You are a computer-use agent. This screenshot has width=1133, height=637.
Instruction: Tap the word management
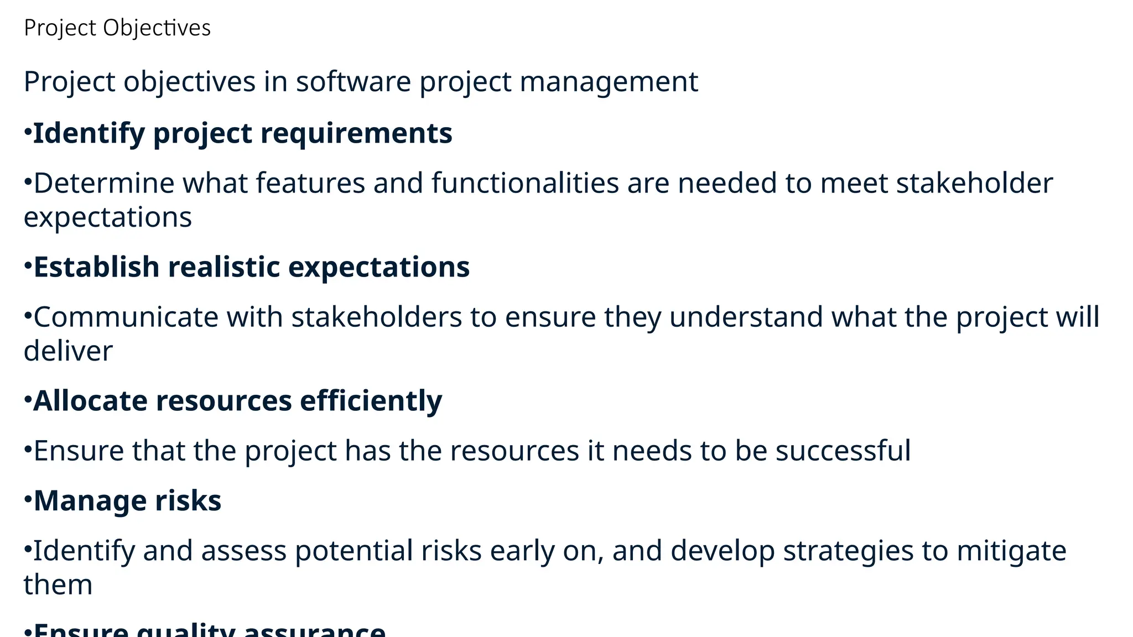click(x=609, y=82)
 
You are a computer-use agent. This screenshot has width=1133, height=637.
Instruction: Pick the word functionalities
click(x=525, y=183)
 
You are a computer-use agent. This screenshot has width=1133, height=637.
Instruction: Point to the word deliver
click(x=68, y=351)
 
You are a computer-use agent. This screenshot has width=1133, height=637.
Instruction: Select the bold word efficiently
click(x=371, y=401)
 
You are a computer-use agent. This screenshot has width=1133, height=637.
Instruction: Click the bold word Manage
click(x=90, y=502)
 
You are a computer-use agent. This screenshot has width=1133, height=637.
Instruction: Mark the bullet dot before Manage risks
click(x=28, y=499)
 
